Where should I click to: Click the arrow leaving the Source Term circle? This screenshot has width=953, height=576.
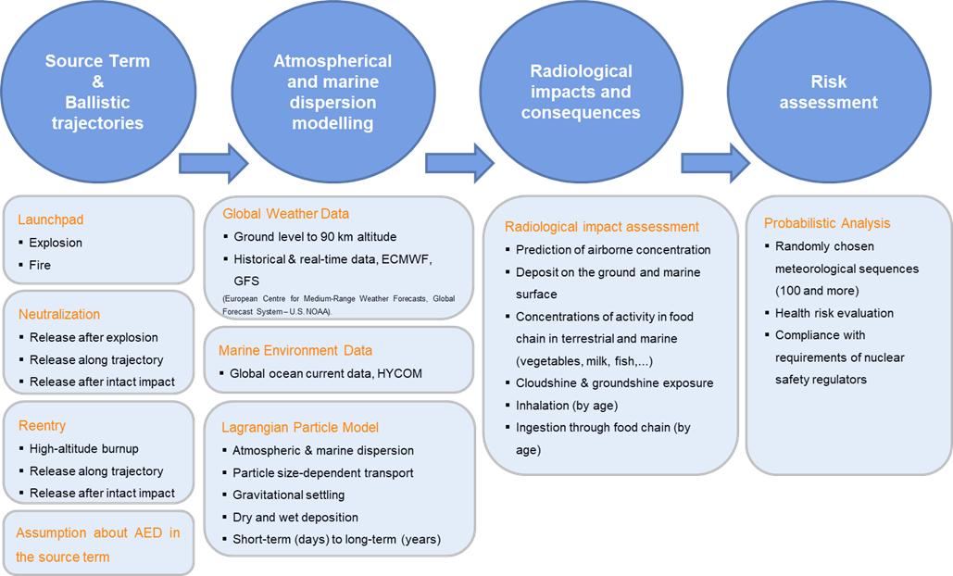(x=212, y=163)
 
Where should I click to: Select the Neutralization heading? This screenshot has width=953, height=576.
(x=59, y=315)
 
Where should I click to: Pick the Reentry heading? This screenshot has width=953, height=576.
(x=42, y=426)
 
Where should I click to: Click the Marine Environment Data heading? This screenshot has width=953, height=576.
(x=295, y=351)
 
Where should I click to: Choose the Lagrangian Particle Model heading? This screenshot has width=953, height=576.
(x=300, y=427)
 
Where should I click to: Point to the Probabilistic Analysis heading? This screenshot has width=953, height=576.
(x=827, y=223)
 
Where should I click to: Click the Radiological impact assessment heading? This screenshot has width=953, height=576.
(x=602, y=227)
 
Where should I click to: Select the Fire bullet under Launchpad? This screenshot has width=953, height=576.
(x=39, y=265)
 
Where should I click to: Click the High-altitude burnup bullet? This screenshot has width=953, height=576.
(x=83, y=449)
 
